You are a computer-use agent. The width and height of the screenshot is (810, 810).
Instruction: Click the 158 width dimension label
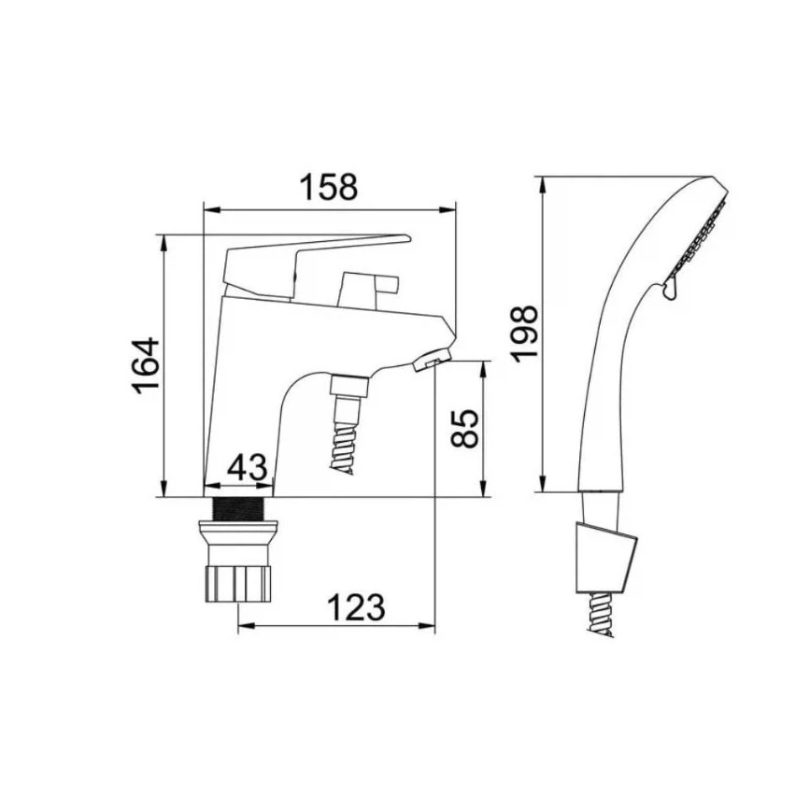(x=329, y=187)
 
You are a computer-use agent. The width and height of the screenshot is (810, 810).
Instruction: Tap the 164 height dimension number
(x=146, y=365)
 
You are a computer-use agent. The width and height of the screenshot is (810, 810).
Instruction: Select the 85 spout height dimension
(x=464, y=428)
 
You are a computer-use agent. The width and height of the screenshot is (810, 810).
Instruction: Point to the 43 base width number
(x=248, y=468)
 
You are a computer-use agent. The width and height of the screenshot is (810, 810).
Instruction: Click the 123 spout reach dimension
(x=357, y=607)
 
